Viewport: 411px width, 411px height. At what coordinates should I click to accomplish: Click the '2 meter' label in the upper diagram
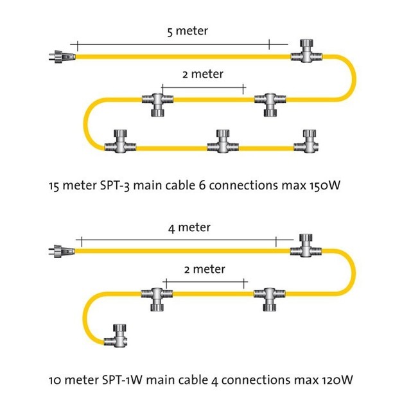coord(203,74)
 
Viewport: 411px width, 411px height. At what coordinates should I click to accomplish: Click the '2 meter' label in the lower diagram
coord(205,268)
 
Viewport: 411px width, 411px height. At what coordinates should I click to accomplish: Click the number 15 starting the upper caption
coord(54,188)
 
